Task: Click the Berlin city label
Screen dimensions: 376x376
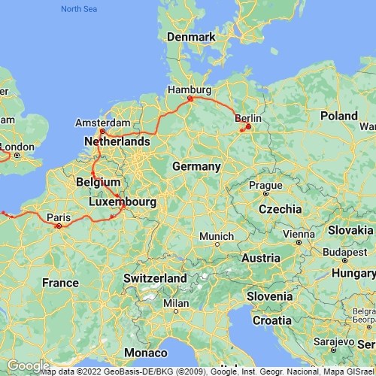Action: (249, 118)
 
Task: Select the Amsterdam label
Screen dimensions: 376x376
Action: (104, 123)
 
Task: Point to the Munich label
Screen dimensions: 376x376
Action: (216, 236)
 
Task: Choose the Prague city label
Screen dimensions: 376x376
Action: (265, 184)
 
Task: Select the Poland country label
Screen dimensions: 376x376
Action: (338, 116)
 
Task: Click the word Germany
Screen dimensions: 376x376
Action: (196, 166)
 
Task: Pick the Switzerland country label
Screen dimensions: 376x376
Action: (155, 278)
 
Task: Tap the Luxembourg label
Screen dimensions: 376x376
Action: (122, 202)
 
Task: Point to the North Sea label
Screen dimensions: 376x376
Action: (80, 9)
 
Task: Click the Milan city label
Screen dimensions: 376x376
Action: (176, 303)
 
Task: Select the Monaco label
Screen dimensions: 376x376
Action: (146, 352)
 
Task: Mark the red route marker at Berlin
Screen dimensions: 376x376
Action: (247, 126)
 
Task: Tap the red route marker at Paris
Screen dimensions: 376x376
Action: (59, 225)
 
